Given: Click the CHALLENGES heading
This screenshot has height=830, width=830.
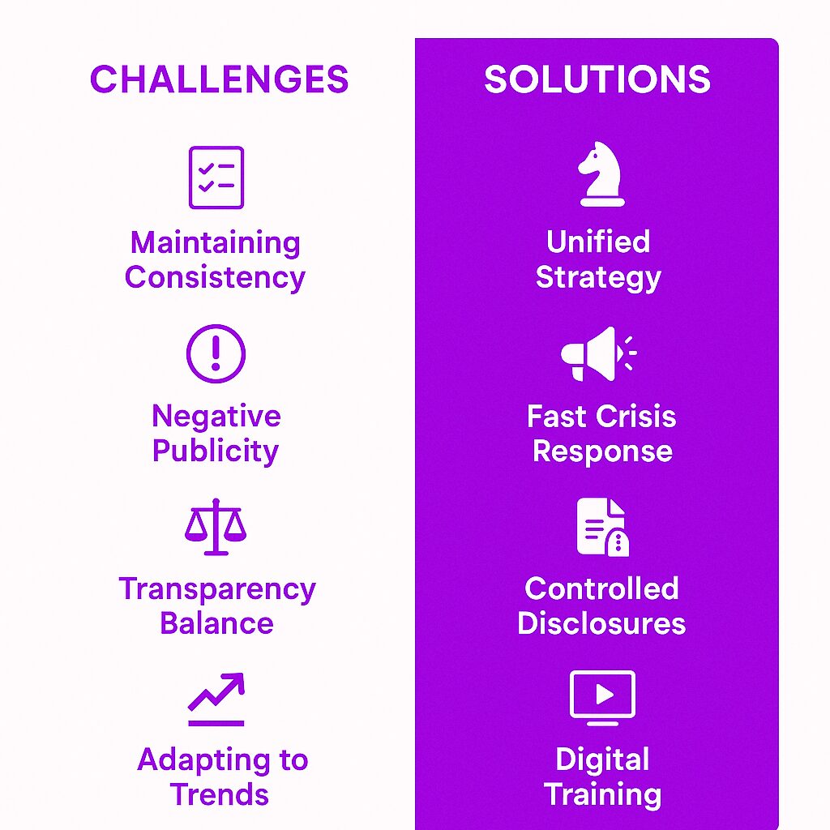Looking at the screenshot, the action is pyautogui.click(x=219, y=79).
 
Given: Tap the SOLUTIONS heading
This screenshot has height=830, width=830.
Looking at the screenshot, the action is pyautogui.click(x=597, y=79).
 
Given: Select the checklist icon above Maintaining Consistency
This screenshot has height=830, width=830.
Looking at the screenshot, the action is pyautogui.click(x=216, y=178).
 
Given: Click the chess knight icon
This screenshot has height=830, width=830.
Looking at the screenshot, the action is pyautogui.click(x=602, y=173).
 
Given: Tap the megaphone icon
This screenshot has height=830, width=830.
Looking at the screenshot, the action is pyautogui.click(x=598, y=354).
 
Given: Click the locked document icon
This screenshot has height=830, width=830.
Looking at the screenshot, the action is pyautogui.click(x=602, y=527).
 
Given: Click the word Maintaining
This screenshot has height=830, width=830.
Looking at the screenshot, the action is pyautogui.click(x=216, y=243).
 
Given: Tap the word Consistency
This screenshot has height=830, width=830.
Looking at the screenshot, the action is pyautogui.click(x=215, y=278).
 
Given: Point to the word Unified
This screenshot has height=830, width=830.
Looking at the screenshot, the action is pyautogui.click(x=598, y=242).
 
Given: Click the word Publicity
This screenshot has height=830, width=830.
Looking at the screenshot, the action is pyautogui.click(x=216, y=451).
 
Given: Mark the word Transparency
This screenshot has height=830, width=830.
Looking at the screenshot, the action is pyautogui.click(x=217, y=590).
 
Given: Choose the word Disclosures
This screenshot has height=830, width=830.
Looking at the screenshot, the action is pyautogui.click(x=601, y=623).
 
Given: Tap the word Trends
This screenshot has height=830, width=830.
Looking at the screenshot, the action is pyautogui.click(x=219, y=794).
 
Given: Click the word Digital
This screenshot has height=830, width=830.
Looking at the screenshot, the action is pyautogui.click(x=602, y=760).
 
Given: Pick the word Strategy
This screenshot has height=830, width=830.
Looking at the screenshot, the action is pyautogui.click(x=599, y=278).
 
